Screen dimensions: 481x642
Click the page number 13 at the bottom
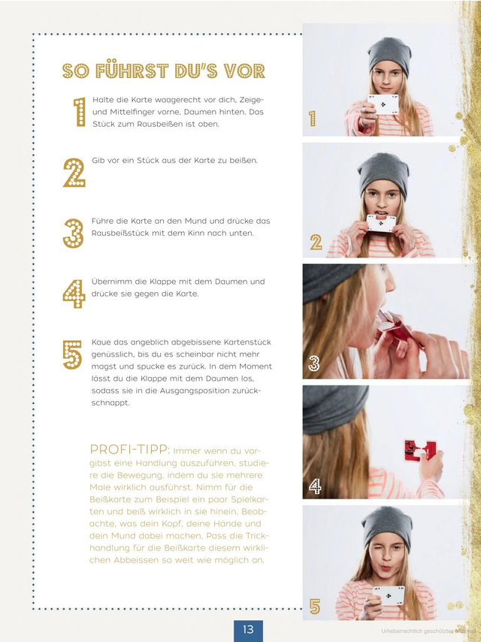click(248, 629)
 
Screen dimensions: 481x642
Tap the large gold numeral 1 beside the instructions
click(80, 112)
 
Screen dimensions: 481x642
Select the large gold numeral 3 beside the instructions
click(74, 234)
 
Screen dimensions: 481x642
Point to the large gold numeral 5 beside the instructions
click(72, 354)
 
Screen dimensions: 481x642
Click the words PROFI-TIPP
click(129, 450)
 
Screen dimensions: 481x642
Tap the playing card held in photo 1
click(383, 104)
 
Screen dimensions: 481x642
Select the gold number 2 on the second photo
click(316, 242)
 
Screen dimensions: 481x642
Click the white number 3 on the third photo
click(314, 363)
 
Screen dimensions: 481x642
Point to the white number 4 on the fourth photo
click(315, 486)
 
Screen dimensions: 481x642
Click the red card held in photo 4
click(418, 451)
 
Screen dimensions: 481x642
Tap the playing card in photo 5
click(389, 595)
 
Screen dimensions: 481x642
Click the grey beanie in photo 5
click(386, 527)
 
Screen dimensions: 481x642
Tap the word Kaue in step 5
click(101, 342)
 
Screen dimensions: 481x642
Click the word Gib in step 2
click(98, 161)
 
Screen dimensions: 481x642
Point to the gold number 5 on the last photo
click(315, 607)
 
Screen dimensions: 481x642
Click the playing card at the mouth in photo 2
click(381, 223)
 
